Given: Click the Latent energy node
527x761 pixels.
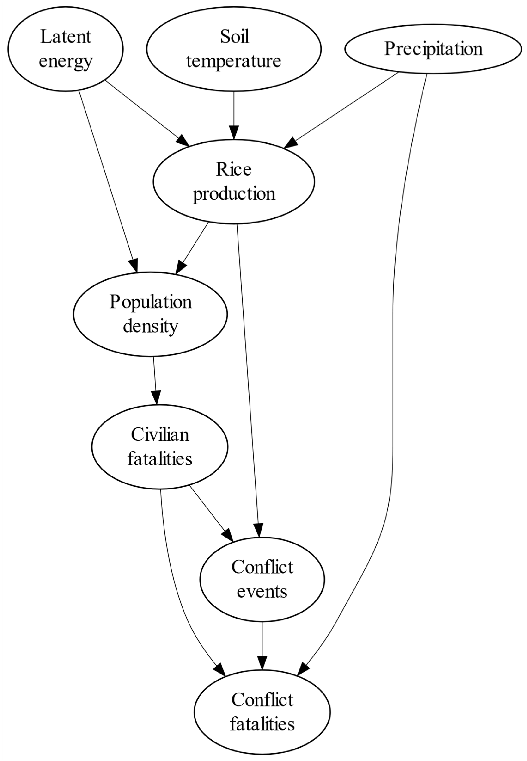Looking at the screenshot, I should [65, 49].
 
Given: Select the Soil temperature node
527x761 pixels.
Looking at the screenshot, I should [234, 49].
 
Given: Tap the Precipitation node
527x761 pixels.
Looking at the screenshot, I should [433, 49].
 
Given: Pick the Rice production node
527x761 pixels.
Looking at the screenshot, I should [234, 182].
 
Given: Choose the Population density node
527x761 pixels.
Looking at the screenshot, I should [150, 314].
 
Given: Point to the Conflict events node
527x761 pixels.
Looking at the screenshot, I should [262, 579].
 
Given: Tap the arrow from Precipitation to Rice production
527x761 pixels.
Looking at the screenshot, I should [343, 109].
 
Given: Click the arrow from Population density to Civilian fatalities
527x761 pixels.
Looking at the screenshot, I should [155, 380].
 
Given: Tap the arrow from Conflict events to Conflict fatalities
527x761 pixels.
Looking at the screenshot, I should [262, 645].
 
